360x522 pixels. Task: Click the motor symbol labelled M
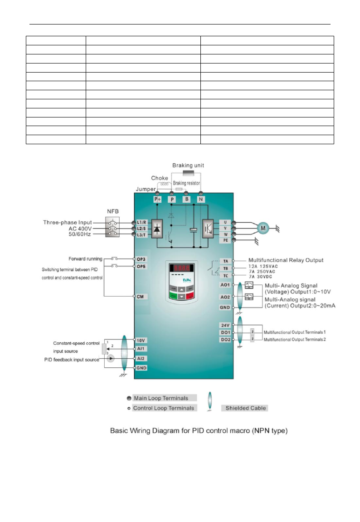pyautogui.click(x=262, y=228)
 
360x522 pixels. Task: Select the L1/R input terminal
pyautogui.click(x=141, y=223)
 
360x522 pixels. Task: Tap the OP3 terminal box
pyautogui.click(x=141, y=259)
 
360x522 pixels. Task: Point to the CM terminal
pyautogui.click(x=140, y=296)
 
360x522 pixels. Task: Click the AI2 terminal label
pyautogui.click(x=140, y=358)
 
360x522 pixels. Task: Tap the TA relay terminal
pyautogui.click(x=226, y=261)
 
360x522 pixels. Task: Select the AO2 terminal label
pyautogui.click(x=226, y=297)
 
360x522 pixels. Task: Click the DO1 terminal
pyautogui.click(x=226, y=332)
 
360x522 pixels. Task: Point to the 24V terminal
pyautogui.click(x=226, y=325)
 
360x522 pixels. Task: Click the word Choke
pyautogui.click(x=160, y=178)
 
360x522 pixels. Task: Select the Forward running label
pyautogui.click(x=86, y=259)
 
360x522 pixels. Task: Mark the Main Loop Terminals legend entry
pyautogui.click(x=161, y=398)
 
